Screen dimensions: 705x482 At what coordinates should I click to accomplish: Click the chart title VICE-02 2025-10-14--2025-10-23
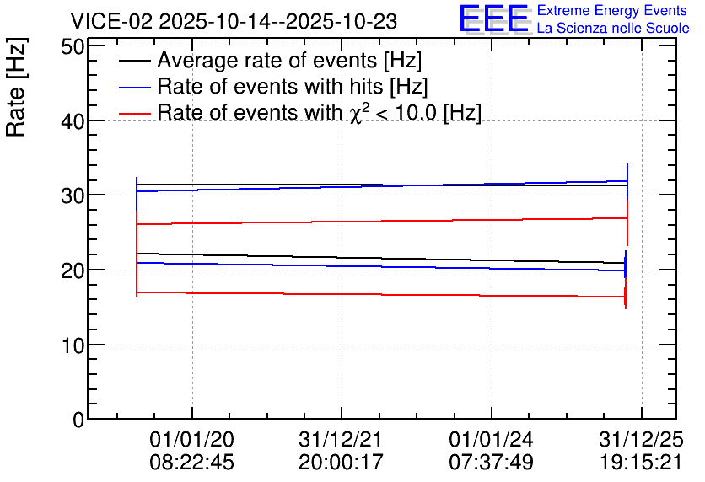coord(234,21)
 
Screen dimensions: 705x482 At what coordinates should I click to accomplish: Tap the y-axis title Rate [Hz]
coord(15,88)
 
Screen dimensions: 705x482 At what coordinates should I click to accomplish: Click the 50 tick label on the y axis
coord(73,46)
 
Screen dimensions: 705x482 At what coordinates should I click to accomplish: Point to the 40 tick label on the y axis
coord(73,121)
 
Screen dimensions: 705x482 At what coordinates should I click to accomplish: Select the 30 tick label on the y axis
coord(73,195)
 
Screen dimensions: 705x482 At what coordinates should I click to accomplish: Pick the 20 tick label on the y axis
coord(73,270)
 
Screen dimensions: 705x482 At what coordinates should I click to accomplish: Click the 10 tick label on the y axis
coord(73,345)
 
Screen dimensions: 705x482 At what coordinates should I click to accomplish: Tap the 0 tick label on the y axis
coord(78,420)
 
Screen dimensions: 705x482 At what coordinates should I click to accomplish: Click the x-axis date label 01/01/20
coord(192,439)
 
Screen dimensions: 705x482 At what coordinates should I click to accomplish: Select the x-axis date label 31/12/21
coord(341,439)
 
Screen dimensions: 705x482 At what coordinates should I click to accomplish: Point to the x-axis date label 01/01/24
coord(491,439)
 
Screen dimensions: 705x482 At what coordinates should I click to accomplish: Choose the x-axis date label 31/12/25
coord(641,439)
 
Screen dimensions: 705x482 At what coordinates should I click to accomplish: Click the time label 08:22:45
coord(192,462)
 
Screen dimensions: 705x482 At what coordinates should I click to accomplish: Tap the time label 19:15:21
coord(641,462)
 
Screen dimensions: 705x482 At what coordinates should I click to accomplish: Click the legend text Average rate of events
coord(267,60)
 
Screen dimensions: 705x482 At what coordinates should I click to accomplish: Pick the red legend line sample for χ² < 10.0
coord(135,114)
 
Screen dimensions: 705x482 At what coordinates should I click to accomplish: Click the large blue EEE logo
coord(494,19)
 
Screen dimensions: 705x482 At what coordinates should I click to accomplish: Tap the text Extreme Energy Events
coord(612,10)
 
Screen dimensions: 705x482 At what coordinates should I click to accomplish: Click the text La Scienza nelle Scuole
coord(613,29)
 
